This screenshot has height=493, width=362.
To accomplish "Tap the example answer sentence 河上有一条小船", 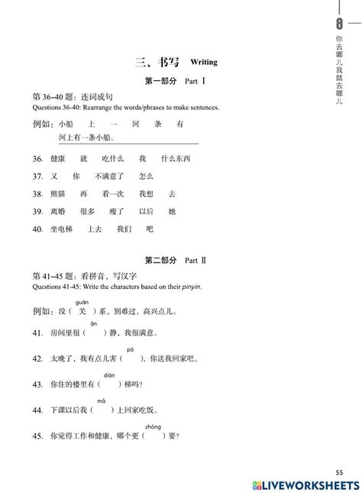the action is [x=86, y=138].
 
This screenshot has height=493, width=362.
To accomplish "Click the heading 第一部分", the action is [x=158, y=80].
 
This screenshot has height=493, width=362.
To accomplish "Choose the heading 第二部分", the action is [x=158, y=261].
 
